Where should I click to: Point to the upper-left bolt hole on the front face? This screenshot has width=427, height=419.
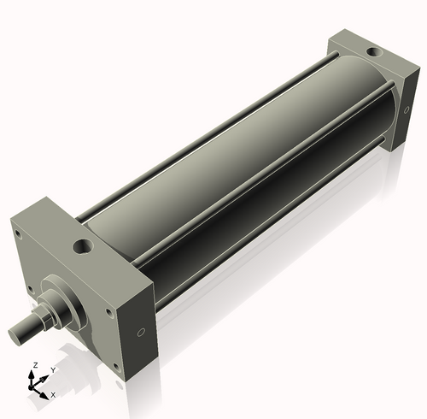[16, 231]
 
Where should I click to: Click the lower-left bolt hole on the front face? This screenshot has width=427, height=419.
[31, 287]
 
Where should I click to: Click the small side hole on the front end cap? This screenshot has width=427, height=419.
[142, 333]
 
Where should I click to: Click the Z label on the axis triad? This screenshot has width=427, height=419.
[34, 365]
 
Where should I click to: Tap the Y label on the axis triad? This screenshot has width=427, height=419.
[52, 370]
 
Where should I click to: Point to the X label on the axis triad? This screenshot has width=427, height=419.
[53, 395]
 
